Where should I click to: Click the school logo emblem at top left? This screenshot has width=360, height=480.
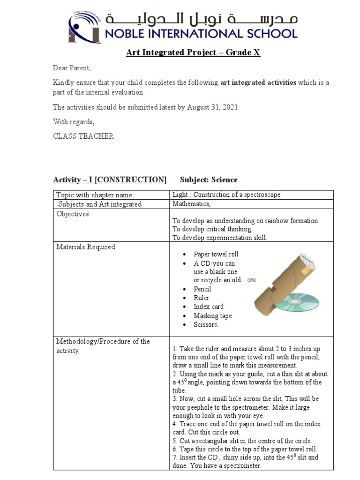(x=84, y=27)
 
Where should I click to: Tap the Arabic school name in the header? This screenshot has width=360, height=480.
(x=202, y=20)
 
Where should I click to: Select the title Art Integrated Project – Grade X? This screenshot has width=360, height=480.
(x=193, y=52)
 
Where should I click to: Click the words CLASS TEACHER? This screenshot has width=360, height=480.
(x=83, y=136)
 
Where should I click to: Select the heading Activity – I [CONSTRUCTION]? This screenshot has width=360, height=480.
(x=110, y=180)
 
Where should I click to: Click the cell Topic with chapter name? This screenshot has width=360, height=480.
(x=94, y=195)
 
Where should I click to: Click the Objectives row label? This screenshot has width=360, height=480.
(x=73, y=214)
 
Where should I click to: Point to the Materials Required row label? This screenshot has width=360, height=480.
(x=85, y=247)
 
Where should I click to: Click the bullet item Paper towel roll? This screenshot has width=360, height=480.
(x=216, y=254)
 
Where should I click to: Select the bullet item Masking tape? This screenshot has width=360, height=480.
(x=212, y=316)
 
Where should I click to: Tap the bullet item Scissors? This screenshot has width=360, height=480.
(x=206, y=324)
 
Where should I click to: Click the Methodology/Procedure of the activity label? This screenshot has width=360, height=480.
(x=103, y=346)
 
